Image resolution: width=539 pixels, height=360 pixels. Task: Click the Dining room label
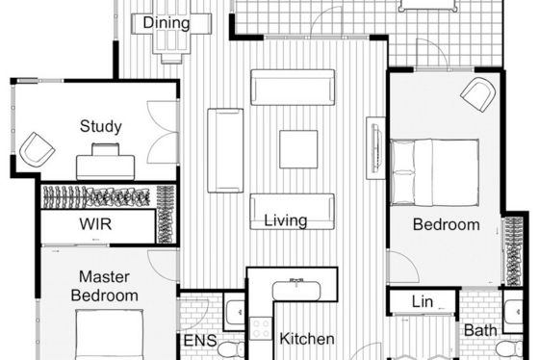(x=166, y=23)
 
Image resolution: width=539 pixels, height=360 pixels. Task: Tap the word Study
(x=101, y=126)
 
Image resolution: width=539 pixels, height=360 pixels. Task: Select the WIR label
(x=95, y=224)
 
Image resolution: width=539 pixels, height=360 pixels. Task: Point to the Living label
(x=285, y=220)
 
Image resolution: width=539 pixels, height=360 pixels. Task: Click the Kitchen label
(x=307, y=339)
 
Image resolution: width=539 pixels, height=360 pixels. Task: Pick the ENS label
(x=200, y=341)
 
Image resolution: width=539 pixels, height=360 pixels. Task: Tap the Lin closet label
(x=423, y=302)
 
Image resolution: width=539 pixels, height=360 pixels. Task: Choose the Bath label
(x=480, y=331)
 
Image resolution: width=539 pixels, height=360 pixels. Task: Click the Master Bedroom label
(x=105, y=286)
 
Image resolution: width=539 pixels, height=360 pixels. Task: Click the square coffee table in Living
(x=298, y=149)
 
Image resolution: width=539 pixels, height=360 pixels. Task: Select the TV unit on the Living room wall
(x=375, y=148)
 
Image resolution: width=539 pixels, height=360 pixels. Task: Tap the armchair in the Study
(x=37, y=149)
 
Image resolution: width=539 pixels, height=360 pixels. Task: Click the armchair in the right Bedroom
(x=478, y=94)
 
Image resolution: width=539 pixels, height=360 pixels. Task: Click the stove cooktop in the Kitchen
(x=261, y=328)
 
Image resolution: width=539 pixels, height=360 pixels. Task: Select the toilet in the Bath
(x=509, y=348)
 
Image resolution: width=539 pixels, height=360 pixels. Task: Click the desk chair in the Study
(x=106, y=149)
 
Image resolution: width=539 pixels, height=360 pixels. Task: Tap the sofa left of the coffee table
(x=225, y=150)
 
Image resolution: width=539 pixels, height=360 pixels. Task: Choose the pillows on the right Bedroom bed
(x=402, y=172)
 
